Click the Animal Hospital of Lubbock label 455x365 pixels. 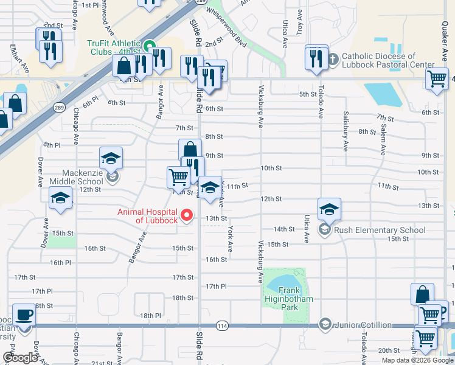tap(147, 216)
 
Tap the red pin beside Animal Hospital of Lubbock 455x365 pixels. tap(187, 215)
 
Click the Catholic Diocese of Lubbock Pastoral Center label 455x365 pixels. tap(388, 60)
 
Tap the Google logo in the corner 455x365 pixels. tap(20, 358)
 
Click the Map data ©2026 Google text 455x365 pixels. tap(417, 360)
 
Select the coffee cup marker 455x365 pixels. tap(24, 316)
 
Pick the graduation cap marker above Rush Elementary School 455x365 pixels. tap(329, 209)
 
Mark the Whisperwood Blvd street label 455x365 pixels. tap(226, 35)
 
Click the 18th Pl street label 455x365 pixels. tap(150, 316)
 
